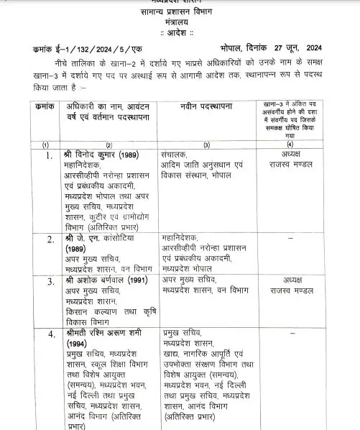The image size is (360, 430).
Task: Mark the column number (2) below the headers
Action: (109, 145)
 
